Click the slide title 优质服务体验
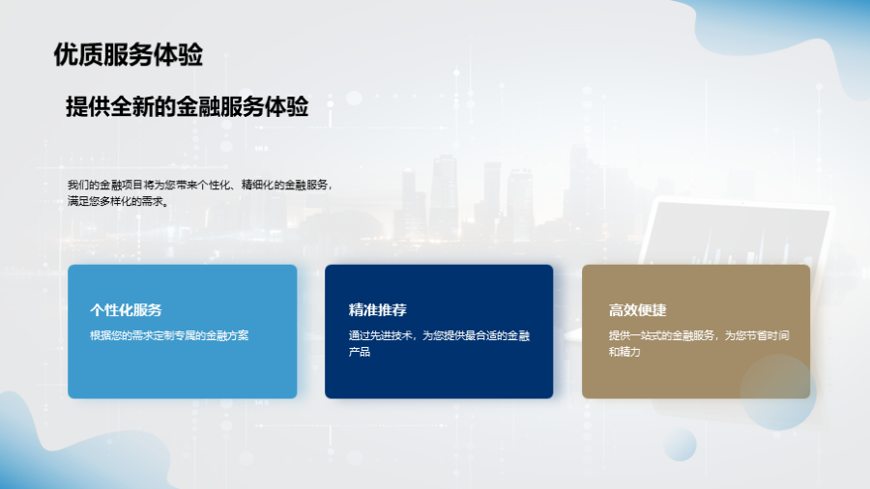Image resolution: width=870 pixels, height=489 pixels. (129, 55)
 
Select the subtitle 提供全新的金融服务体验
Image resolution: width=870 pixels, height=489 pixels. (187, 106)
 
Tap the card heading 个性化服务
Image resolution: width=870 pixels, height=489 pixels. (126, 310)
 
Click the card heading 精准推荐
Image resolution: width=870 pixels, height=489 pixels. (377, 310)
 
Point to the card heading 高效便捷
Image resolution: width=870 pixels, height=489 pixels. (638, 310)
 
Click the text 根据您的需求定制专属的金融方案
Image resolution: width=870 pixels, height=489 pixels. (169, 335)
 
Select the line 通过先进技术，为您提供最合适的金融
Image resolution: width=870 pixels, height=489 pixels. (439, 335)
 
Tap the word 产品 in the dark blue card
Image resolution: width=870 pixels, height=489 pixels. (359, 352)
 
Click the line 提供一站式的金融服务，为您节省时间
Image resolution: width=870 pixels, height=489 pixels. (699, 335)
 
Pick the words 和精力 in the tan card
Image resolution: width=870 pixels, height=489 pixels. (624, 352)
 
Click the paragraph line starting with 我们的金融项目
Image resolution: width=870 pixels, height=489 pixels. (200, 185)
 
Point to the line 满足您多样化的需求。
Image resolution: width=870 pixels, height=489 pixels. (118, 201)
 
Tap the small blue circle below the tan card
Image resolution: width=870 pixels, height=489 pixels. (680, 445)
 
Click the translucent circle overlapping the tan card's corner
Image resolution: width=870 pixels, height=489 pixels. (778, 392)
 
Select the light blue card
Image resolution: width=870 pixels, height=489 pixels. (183, 331)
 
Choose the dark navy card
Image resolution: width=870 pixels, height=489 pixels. (439, 331)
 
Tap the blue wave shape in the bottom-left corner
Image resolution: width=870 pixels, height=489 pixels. (33, 454)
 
